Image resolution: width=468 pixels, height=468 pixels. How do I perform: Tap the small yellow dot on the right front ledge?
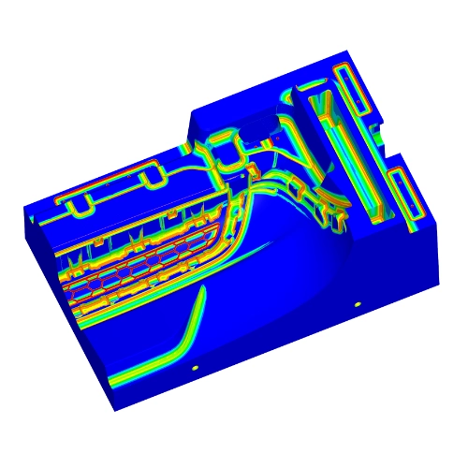pos(357,305)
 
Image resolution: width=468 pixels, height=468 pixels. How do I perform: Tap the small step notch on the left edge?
pos(36,220)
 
